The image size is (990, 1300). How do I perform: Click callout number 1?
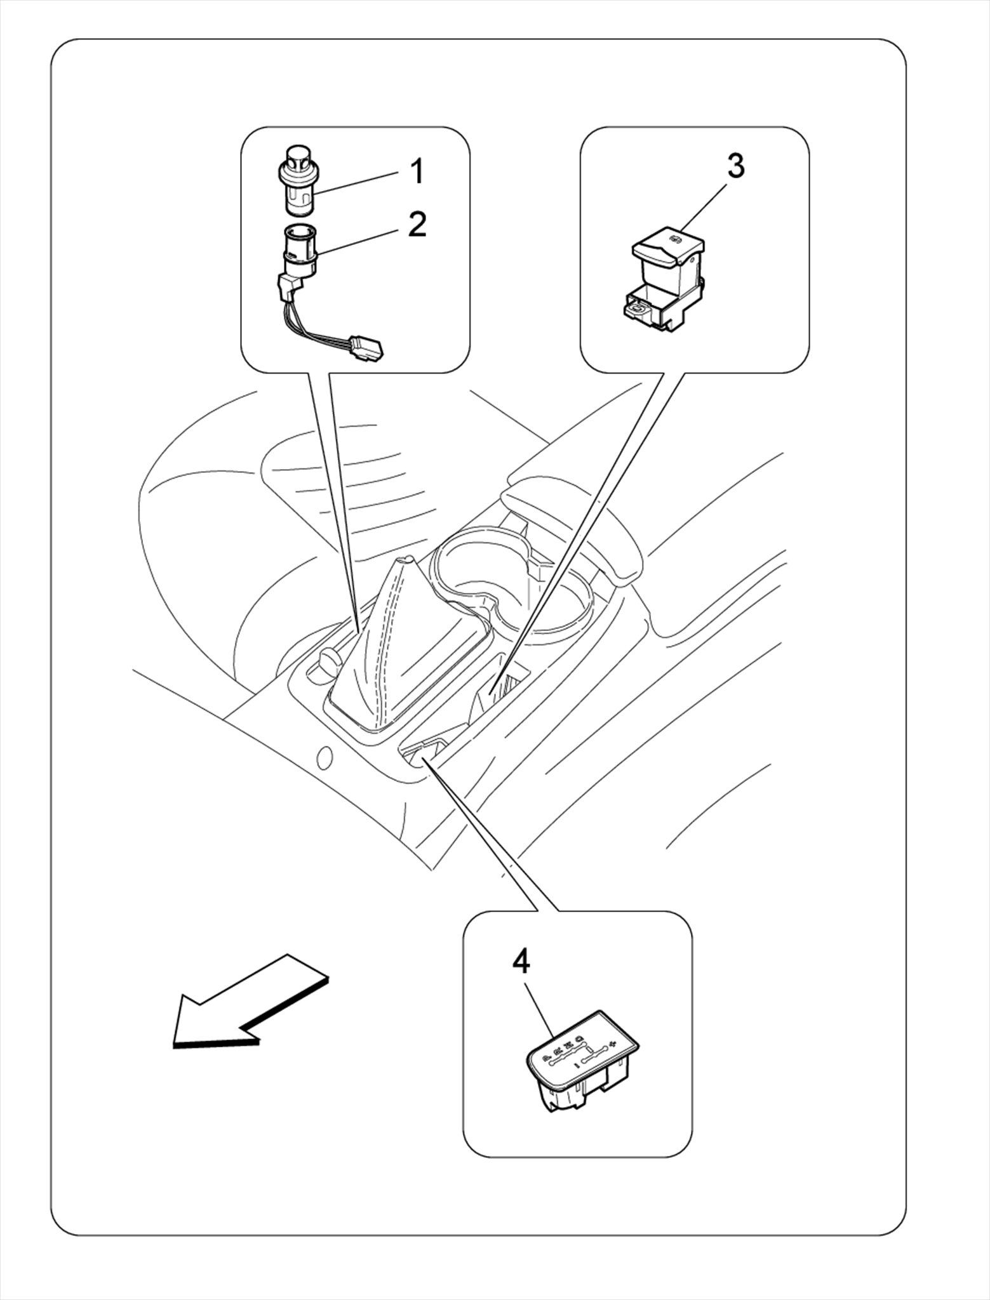[x=417, y=172]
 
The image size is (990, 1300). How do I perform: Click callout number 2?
[x=417, y=224]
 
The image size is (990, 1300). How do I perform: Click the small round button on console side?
[x=324, y=757]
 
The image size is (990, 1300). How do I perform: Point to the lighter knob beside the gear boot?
[x=328, y=663]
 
